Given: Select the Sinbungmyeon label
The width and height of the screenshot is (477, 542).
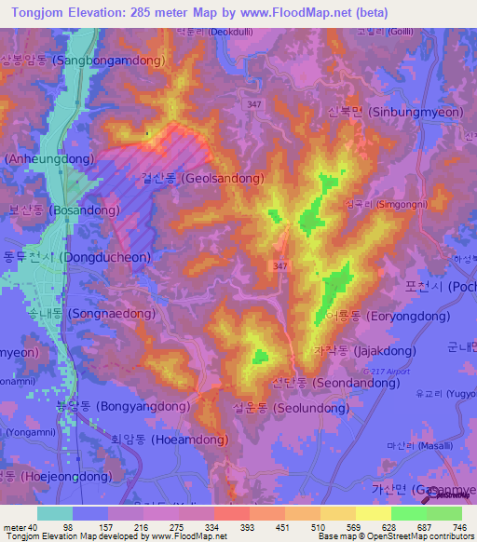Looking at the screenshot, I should coord(395,112).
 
